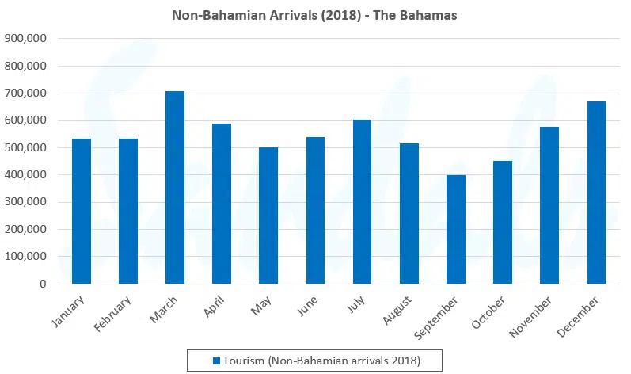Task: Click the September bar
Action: [456, 230]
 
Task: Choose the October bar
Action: [503, 223]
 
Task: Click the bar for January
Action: [82, 212]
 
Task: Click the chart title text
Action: [314, 15]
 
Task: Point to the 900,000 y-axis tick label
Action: [26, 38]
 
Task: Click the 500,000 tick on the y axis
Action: [26, 147]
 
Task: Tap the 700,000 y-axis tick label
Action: [26, 93]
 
